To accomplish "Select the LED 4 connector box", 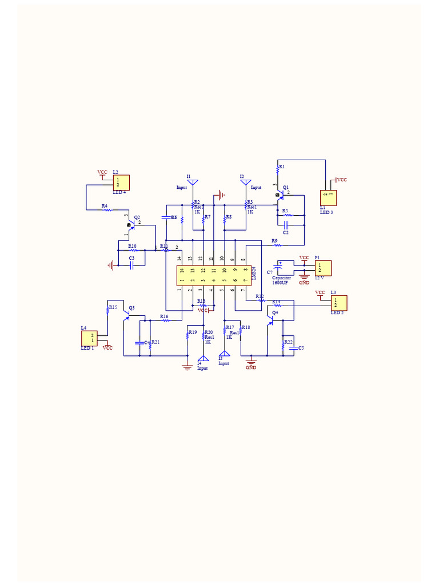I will click(x=121, y=183).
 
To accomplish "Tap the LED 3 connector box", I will click(x=328, y=198).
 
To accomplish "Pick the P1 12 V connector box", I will click(x=323, y=268).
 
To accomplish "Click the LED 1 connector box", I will click(x=90, y=338).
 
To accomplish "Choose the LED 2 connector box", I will click(x=339, y=303).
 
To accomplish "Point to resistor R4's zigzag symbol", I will click(x=106, y=210).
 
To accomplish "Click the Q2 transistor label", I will click(x=137, y=217).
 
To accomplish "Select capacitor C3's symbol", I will click(x=131, y=265).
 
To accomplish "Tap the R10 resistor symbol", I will click(x=134, y=251).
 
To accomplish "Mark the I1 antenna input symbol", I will click(x=193, y=183).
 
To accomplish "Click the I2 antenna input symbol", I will click(x=246, y=183).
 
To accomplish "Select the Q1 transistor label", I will click(x=286, y=187).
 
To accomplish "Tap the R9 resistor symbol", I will click(x=278, y=245).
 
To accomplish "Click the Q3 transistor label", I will click(x=131, y=308).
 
